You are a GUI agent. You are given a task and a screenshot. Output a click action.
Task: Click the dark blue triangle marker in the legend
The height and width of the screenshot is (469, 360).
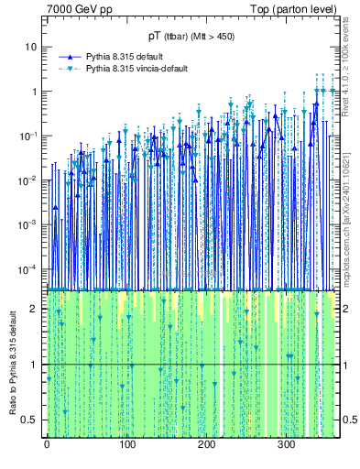point(71,56)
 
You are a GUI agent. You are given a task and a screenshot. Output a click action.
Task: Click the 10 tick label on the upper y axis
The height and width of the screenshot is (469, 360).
point(31,47)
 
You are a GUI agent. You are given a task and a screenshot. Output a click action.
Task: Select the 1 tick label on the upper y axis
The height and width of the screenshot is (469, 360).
point(34,92)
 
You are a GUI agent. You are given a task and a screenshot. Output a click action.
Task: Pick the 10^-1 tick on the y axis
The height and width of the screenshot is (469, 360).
point(29,136)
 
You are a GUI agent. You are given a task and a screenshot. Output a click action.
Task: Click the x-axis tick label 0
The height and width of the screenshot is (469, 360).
point(47,444)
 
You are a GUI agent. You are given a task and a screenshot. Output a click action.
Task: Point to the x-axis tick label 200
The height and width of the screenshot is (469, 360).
point(206,444)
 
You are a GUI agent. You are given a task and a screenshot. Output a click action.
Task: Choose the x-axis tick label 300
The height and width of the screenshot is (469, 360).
point(286,444)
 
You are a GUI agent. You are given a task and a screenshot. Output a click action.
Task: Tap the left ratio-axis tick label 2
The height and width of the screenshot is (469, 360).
point(35,309)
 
